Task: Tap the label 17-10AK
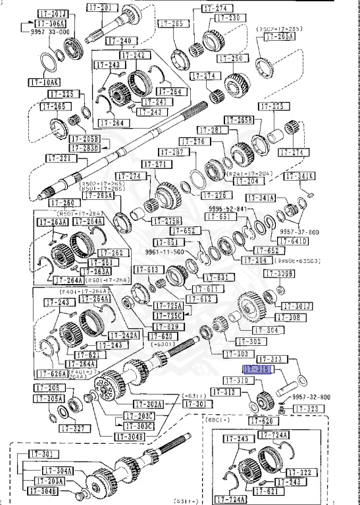pos(43,83)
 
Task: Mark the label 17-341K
pos(299,176)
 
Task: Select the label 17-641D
pos(295,241)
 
